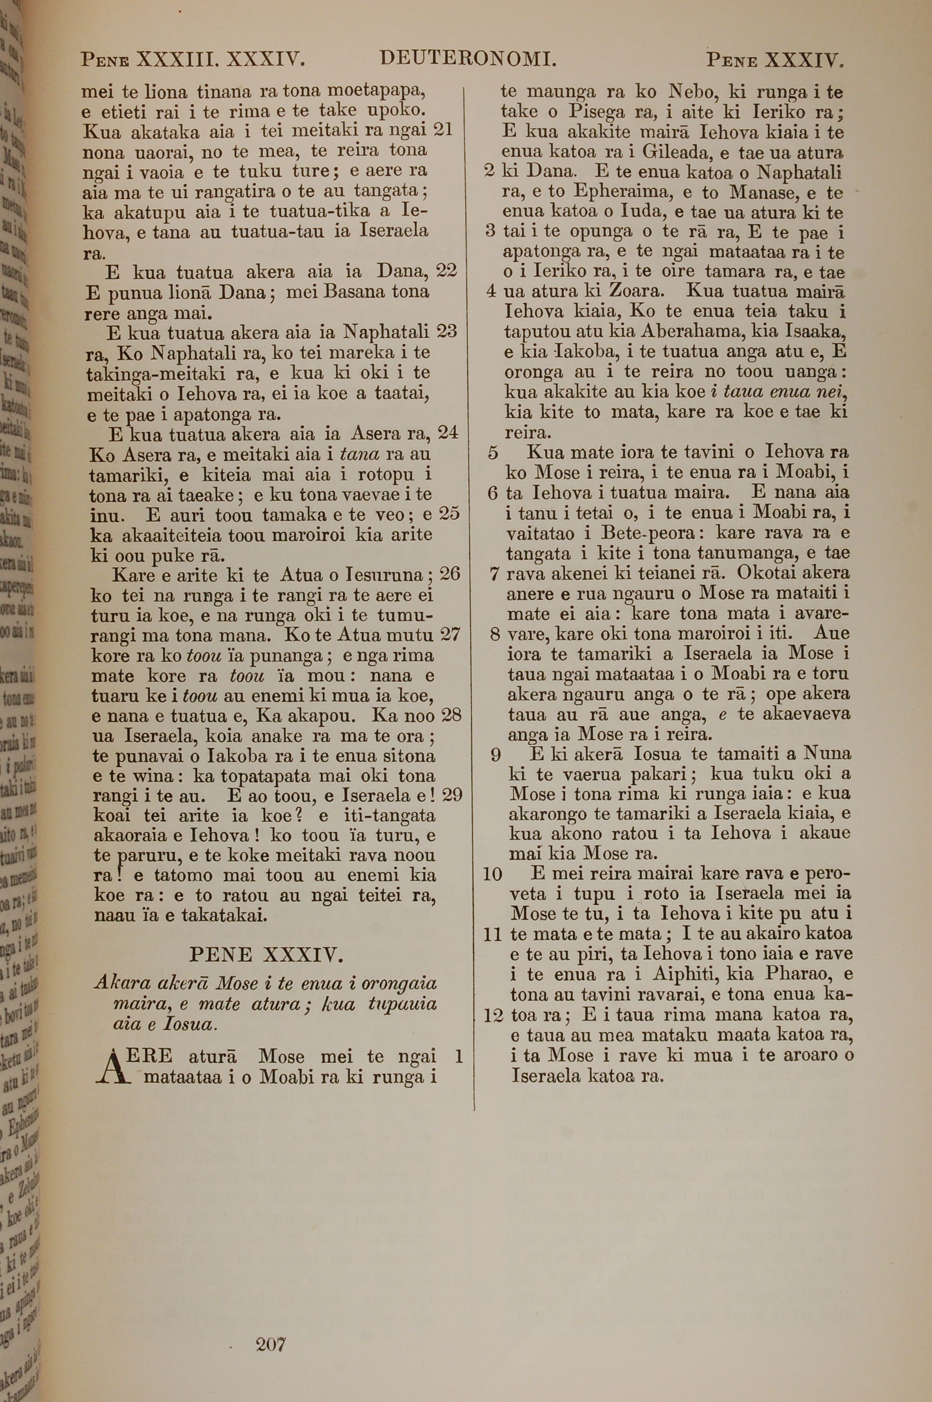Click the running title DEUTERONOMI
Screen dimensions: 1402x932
(468, 59)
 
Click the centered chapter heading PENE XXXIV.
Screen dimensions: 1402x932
(266, 955)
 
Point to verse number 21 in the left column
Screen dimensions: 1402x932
(442, 130)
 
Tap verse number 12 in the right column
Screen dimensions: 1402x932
(494, 1015)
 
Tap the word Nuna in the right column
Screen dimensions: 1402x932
(827, 754)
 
